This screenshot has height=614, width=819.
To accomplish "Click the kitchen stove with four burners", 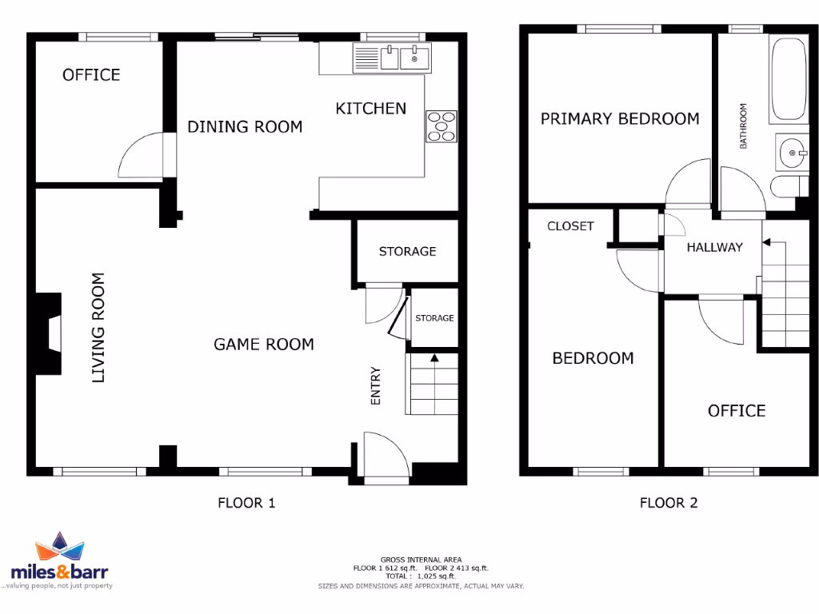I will pos(441,126).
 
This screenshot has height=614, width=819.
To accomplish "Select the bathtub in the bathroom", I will pos(790,78).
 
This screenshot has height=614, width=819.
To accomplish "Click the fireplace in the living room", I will pos(50,334).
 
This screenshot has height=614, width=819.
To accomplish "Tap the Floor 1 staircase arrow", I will pos(433,358).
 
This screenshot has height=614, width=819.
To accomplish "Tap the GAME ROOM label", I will pos(263,345).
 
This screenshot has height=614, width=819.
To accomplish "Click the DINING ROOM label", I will pos(245,126).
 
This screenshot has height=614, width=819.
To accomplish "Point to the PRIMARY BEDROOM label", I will pos(620,119).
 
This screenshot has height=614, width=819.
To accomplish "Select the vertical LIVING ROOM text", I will pos(98,328).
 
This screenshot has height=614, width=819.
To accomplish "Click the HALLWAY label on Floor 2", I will pos(714,247).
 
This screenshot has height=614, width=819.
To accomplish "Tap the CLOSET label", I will pos(570,226).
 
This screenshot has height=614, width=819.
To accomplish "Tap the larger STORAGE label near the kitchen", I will pos(407,251).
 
